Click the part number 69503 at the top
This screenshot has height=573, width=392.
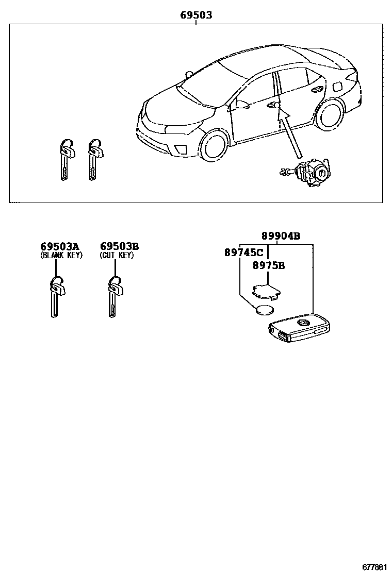196,16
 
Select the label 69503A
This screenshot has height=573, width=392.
60,247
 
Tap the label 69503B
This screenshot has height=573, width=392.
119,247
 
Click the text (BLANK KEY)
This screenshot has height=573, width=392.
61,256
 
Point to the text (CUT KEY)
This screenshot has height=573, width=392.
117,256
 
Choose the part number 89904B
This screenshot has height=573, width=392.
281,237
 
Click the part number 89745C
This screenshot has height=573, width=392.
243,252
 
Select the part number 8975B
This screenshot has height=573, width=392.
268,265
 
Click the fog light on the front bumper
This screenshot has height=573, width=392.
181,149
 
